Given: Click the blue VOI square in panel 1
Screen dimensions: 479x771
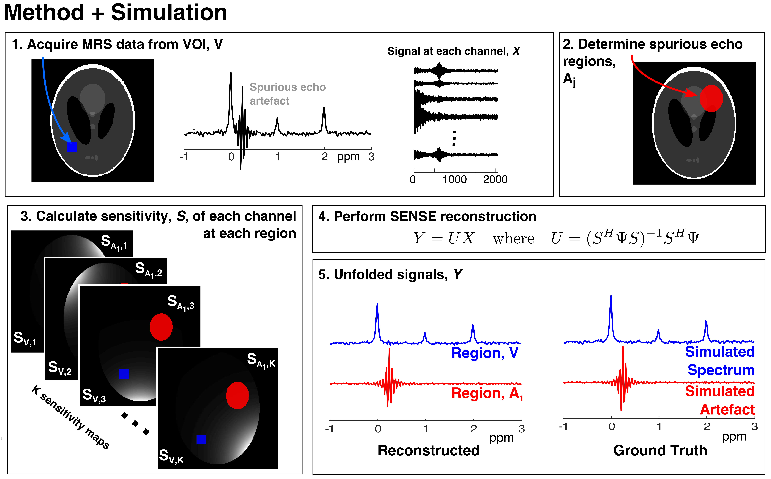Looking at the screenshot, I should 72,147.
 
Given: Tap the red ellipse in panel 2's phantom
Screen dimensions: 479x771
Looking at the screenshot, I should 711,98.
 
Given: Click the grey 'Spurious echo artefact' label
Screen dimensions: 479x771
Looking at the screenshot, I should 287,94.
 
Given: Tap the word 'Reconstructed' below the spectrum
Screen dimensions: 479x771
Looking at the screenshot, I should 429,450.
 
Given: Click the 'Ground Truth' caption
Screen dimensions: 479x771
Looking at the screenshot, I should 660,450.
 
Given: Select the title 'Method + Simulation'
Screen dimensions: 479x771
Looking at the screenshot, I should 116,13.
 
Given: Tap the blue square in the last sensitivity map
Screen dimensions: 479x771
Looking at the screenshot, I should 201,439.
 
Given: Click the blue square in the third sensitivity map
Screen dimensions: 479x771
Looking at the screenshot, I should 124,374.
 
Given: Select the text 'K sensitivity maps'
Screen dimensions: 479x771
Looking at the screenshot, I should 70,417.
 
